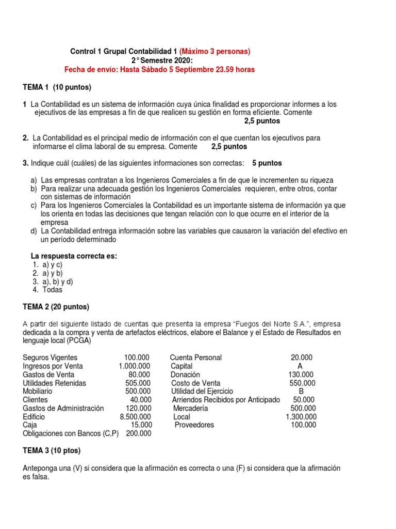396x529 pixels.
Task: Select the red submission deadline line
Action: (x=159, y=70)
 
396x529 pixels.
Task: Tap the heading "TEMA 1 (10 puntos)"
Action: (x=57, y=87)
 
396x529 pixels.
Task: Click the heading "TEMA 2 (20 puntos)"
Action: (x=56, y=307)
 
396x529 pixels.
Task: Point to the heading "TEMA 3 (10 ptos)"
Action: (x=52, y=450)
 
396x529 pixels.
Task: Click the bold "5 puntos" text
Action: (x=267, y=163)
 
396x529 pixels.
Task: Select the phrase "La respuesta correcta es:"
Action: (x=74, y=256)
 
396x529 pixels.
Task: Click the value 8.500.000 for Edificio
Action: (x=135, y=416)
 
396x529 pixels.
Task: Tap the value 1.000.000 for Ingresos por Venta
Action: (x=134, y=366)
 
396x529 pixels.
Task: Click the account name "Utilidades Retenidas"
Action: (x=55, y=383)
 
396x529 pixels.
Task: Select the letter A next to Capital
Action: (x=300, y=366)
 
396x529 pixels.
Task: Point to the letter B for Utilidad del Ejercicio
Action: (x=301, y=391)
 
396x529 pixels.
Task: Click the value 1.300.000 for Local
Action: (x=301, y=416)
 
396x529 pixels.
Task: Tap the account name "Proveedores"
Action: (x=194, y=425)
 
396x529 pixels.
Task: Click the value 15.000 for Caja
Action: (x=141, y=425)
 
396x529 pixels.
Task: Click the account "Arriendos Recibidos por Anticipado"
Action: (x=226, y=399)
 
